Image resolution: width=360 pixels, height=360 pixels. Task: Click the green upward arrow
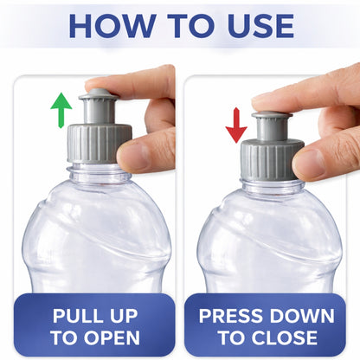click(61, 111)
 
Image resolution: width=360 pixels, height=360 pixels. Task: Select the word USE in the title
click(257, 26)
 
